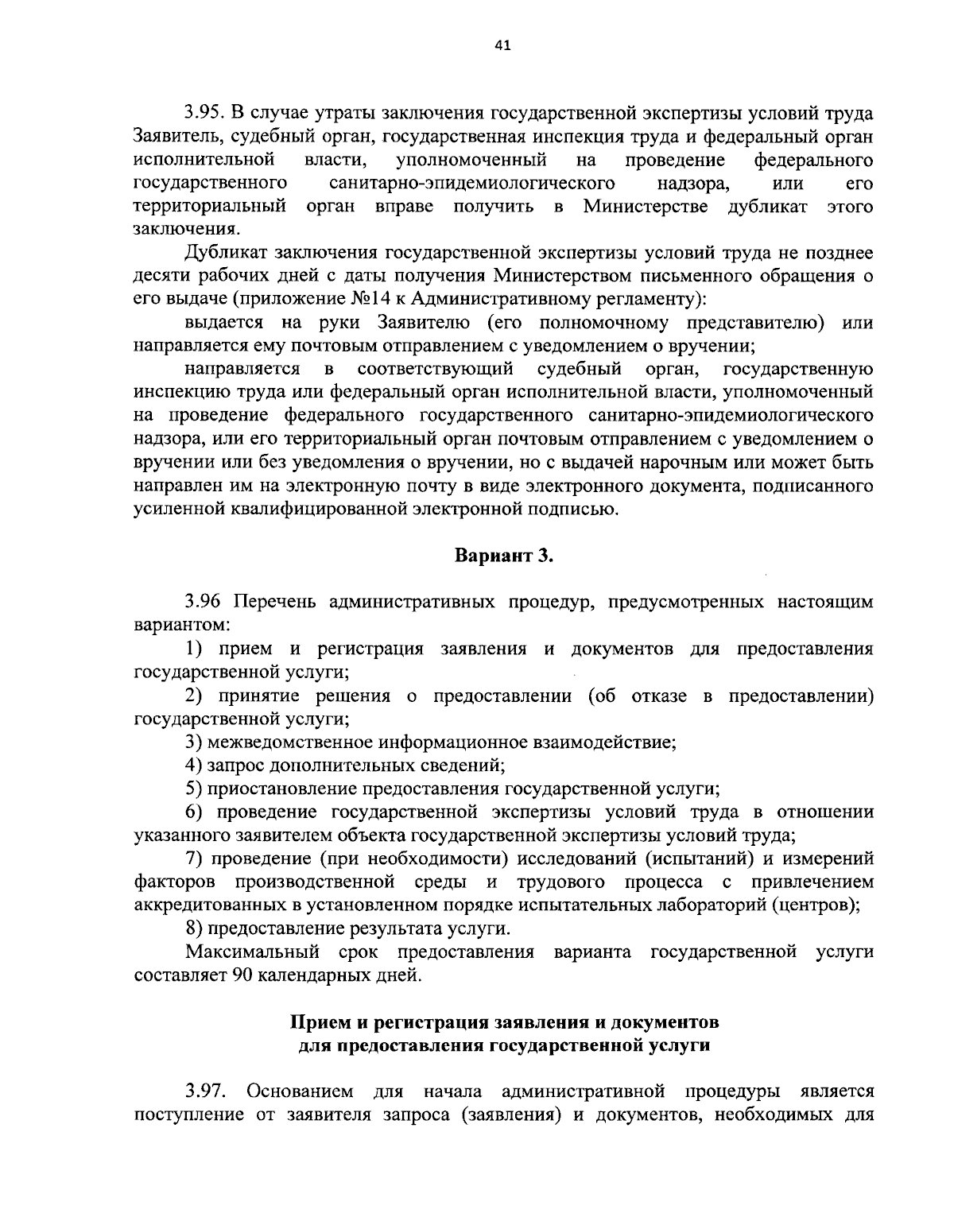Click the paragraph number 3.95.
click(206, 114)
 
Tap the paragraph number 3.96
click(205, 602)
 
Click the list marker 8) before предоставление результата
click(193, 929)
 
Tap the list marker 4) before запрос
click(193, 766)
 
